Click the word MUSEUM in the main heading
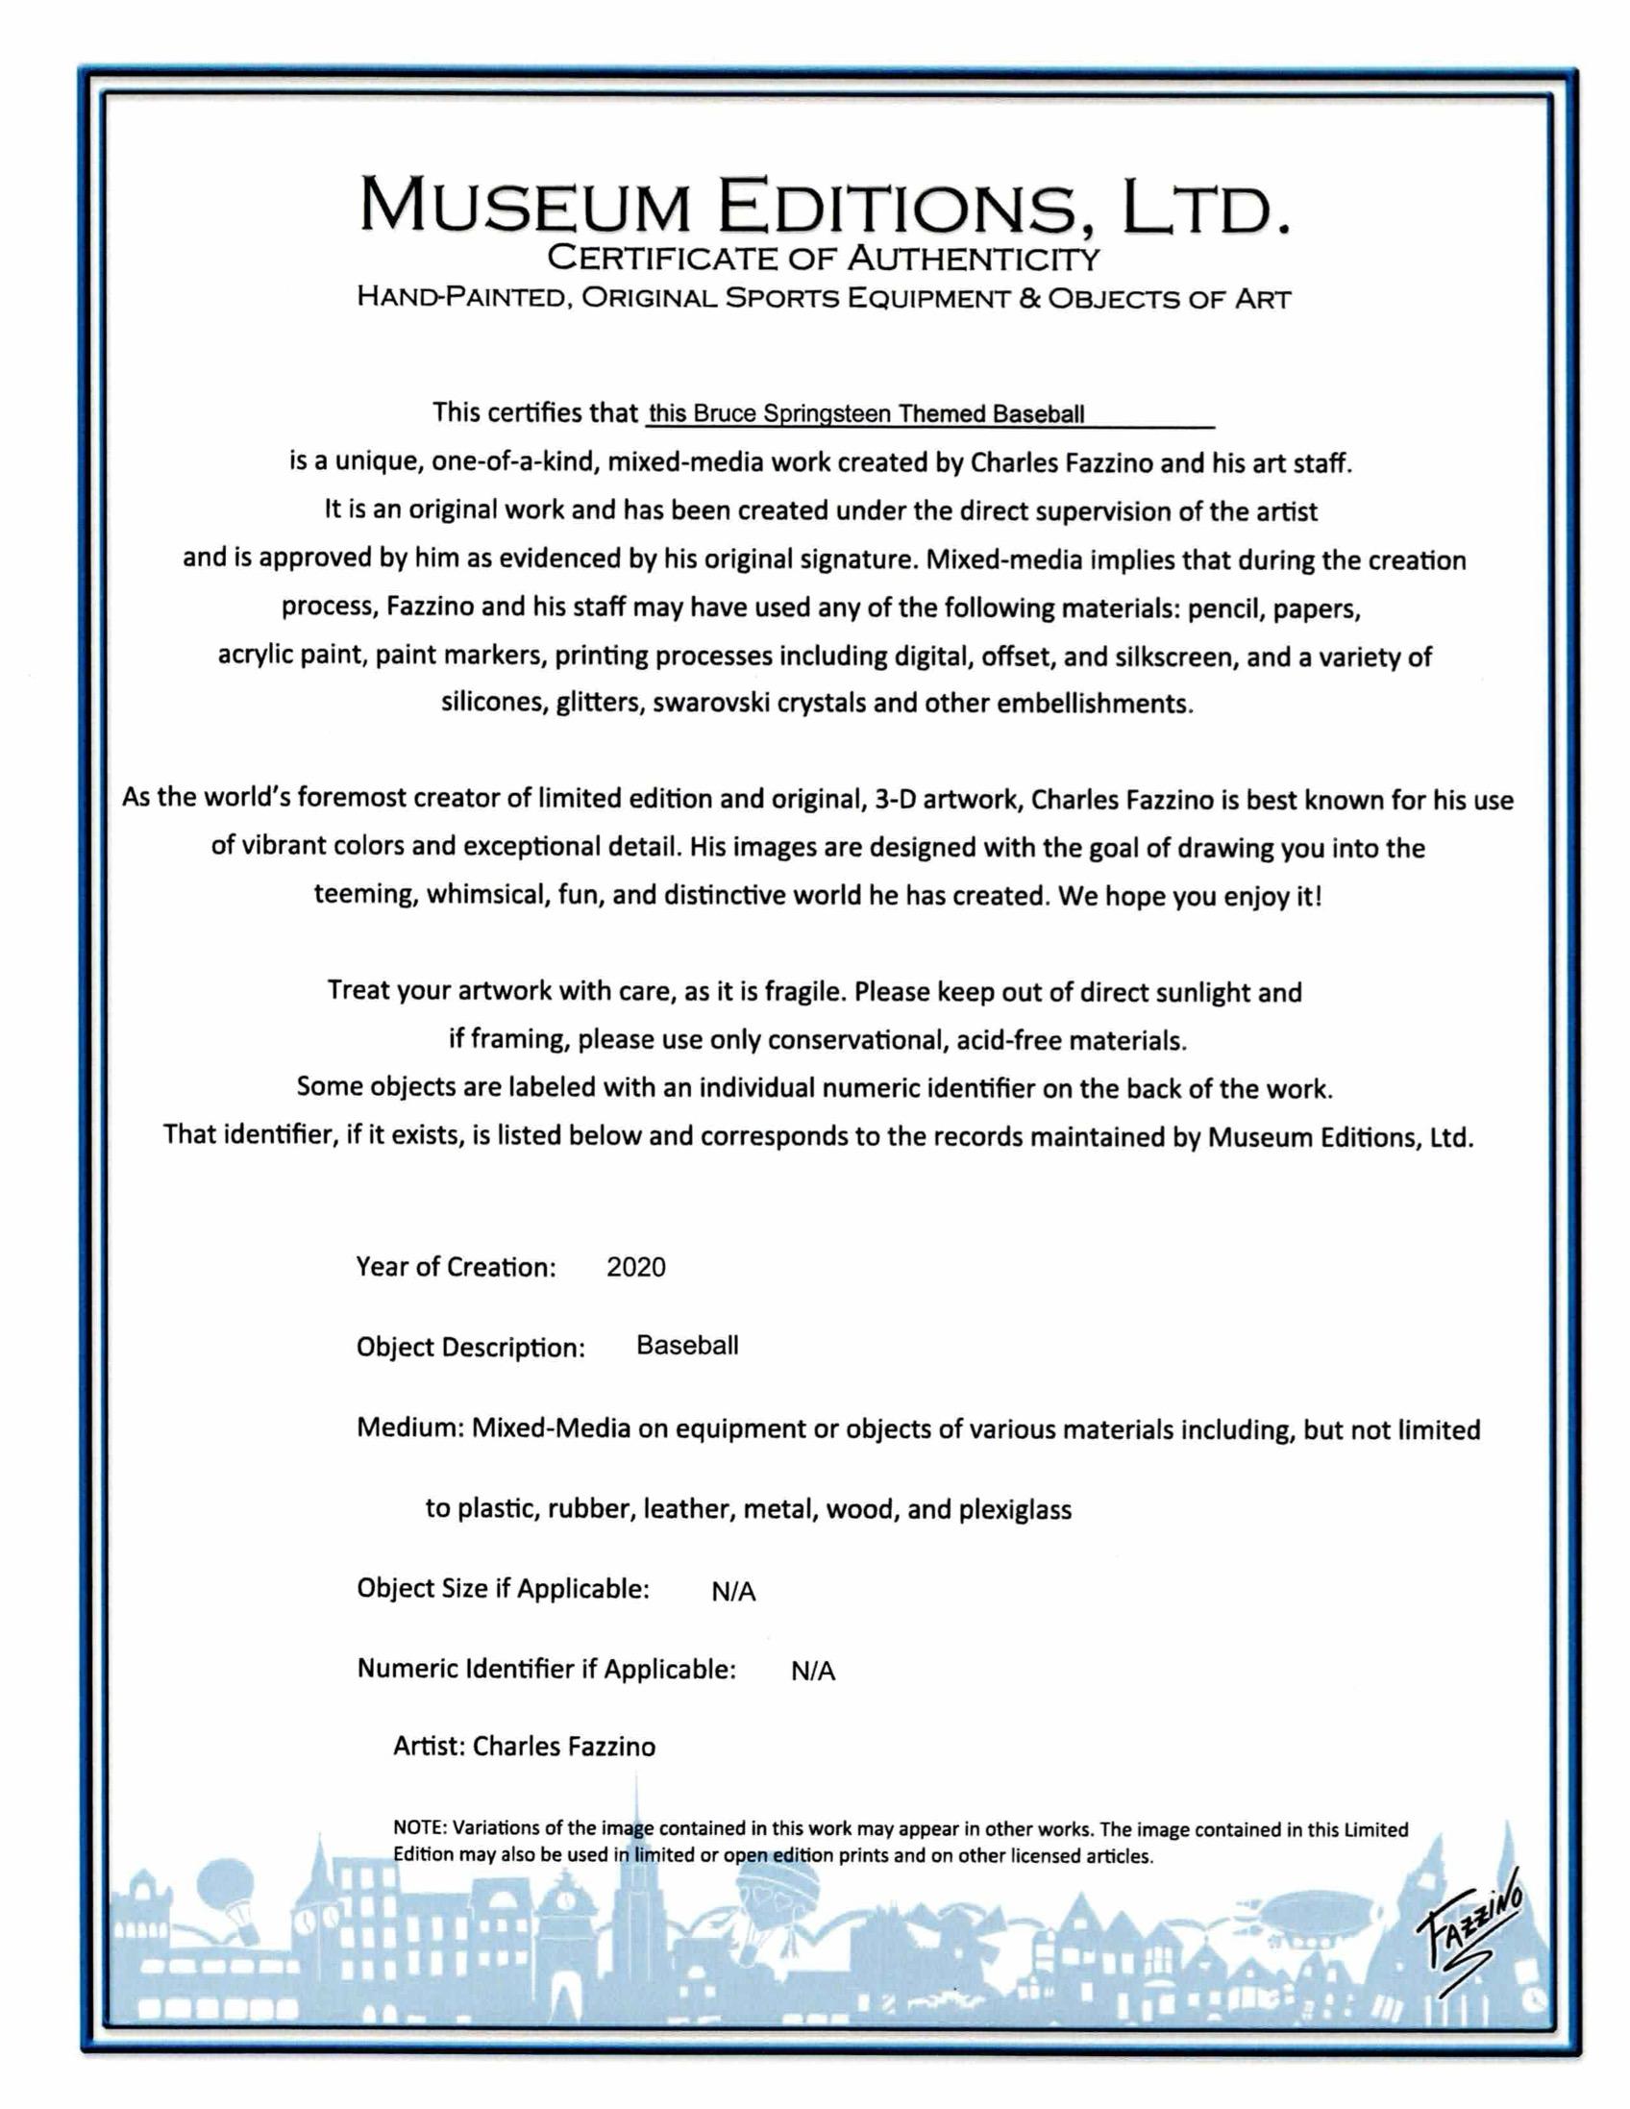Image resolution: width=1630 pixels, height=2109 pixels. coord(528,207)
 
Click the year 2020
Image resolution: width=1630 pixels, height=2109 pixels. coord(635,1267)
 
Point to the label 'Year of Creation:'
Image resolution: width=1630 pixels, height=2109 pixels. coord(456,1267)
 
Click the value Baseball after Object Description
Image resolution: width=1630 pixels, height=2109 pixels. coord(686,1345)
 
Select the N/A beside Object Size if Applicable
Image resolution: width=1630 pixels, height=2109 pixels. coord(733,1592)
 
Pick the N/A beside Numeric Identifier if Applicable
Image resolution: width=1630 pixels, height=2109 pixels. coord(812,1672)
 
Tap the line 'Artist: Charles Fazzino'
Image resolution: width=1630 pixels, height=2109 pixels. coord(525,1746)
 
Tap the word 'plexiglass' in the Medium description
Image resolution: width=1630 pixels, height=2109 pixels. coord(1014,1509)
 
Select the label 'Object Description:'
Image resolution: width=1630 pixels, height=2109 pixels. coord(470,1347)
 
